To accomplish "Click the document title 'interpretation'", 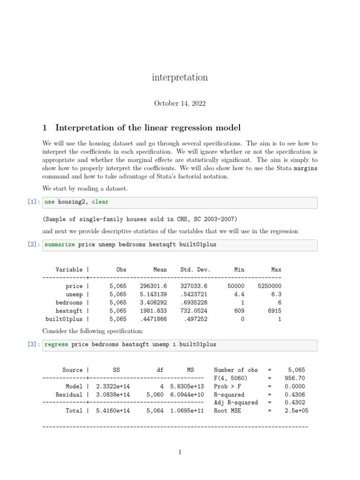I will pos(180,78).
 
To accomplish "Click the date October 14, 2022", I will pos(180,103).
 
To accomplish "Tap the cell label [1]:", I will pos(34,202).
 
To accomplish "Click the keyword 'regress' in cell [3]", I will pos(56,344).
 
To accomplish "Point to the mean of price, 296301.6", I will pos(153,286).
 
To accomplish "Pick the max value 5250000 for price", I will pos(270,286).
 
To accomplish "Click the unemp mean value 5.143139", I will pos(153,294).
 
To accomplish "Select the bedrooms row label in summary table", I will pos(69,303).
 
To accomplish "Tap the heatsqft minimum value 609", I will pos(240,311).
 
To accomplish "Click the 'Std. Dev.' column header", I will pos(195,270).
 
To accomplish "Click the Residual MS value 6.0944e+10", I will pos(187,395).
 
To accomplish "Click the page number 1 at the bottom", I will pos(180,452).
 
